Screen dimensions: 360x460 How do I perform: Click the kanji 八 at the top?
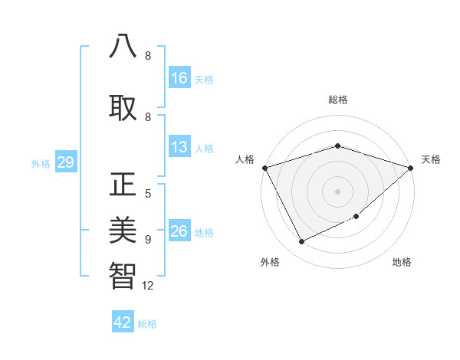pyautogui.click(x=123, y=46)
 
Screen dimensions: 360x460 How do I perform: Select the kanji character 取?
pyautogui.click(x=123, y=108)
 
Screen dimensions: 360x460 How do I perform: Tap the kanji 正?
pyautogui.click(x=123, y=186)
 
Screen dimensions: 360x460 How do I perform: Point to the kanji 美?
pyautogui.click(x=123, y=229)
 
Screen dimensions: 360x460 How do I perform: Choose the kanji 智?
pyautogui.click(x=123, y=275)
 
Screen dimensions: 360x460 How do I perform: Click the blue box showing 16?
pyautogui.click(x=179, y=77)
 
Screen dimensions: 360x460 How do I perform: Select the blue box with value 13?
pyautogui.click(x=179, y=147)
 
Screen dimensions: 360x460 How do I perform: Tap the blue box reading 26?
pyautogui.click(x=179, y=231)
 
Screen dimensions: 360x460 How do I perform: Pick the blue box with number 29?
pyautogui.click(x=65, y=162)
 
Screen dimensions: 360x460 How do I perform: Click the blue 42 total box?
pyautogui.click(x=123, y=322)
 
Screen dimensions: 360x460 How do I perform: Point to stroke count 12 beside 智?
pyautogui.click(x=148, y=286)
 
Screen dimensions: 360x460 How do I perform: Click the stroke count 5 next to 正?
pyautogui.click(x=148, y=194)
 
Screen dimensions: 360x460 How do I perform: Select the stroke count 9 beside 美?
pyautogui.click(x=148, y=239)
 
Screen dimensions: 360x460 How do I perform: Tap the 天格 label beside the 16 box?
pyautogui.click(x=203, y=79)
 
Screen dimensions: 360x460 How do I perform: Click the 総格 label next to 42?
pyautogui.click(x=147, y=324)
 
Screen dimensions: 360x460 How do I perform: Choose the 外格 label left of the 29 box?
pyautogui.click(x=41, y=164)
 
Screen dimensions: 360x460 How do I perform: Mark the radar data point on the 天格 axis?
pyautogui.click(x=410, y=167)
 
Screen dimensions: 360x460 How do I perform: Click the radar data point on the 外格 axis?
pyautogui.click(x=301, y=242)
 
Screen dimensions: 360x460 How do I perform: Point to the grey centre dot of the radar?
pyautogui.click(x=337, y=191)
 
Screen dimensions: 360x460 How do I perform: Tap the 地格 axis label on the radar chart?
pyautogui.click(x=402, y=262)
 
